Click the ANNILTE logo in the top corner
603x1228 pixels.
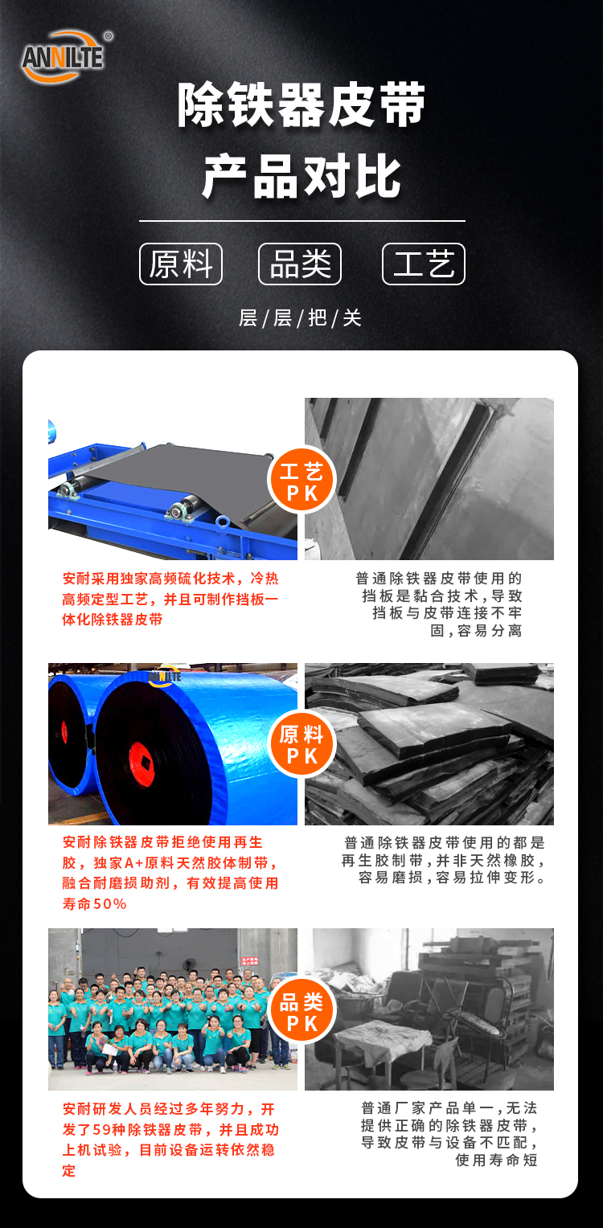pos(64,57)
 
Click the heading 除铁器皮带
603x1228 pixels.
pos(301,105)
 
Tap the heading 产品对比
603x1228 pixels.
pos(301,177)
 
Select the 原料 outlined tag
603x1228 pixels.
pos(181,264)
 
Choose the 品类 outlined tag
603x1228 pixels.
pos(300,264)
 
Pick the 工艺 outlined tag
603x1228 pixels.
pos(424,264)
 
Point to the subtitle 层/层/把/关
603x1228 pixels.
pos(301,318)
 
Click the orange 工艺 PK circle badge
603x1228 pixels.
pos(301,481)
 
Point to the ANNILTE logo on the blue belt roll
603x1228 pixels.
pos(165,677)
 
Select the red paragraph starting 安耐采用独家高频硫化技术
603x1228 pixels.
pos(170,599)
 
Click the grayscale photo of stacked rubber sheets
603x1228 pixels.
pos(429,744)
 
